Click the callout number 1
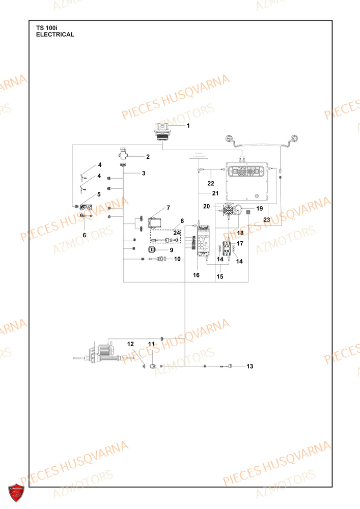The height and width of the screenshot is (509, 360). [188, 126]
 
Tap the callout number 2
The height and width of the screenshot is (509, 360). [148, 157]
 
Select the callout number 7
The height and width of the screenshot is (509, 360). [168, 208]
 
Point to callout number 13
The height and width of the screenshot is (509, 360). [250, 366]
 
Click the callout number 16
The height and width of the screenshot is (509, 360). [196, 275]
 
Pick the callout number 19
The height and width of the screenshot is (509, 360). [259, 208]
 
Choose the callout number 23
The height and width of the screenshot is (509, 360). [266, 220]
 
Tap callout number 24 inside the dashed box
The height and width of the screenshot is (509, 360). [177, 233]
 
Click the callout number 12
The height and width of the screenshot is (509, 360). [130, 344]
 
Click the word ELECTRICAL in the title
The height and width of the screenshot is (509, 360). [55, 35]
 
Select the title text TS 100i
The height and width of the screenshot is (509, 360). [47, 28]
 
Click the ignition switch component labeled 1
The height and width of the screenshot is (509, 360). [162, 132]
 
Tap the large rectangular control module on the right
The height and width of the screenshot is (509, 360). [247, 181]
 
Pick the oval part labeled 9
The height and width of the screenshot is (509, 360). [152, 249]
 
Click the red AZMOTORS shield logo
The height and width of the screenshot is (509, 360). [16, 493]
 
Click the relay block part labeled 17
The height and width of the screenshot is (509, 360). [227, 249]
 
